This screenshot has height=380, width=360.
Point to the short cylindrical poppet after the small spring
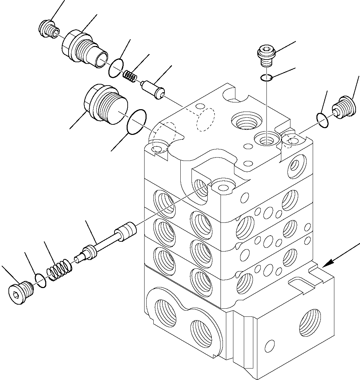click(153, 90)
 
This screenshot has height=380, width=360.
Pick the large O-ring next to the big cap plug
click(136, 121)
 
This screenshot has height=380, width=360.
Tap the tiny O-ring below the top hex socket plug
click(266, 78)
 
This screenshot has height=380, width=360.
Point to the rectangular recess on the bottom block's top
click(305, 284)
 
